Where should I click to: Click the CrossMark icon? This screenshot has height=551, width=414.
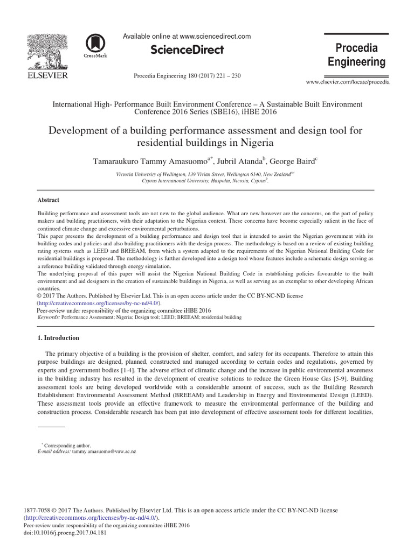tap(95, 45)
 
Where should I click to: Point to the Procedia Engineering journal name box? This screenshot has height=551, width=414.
tap(356, 55)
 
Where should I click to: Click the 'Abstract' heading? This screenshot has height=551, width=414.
tap(48, 200)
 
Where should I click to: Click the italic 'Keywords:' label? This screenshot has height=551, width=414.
tap(48, 317)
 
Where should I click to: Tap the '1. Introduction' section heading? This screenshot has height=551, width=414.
tap(58, 338)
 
